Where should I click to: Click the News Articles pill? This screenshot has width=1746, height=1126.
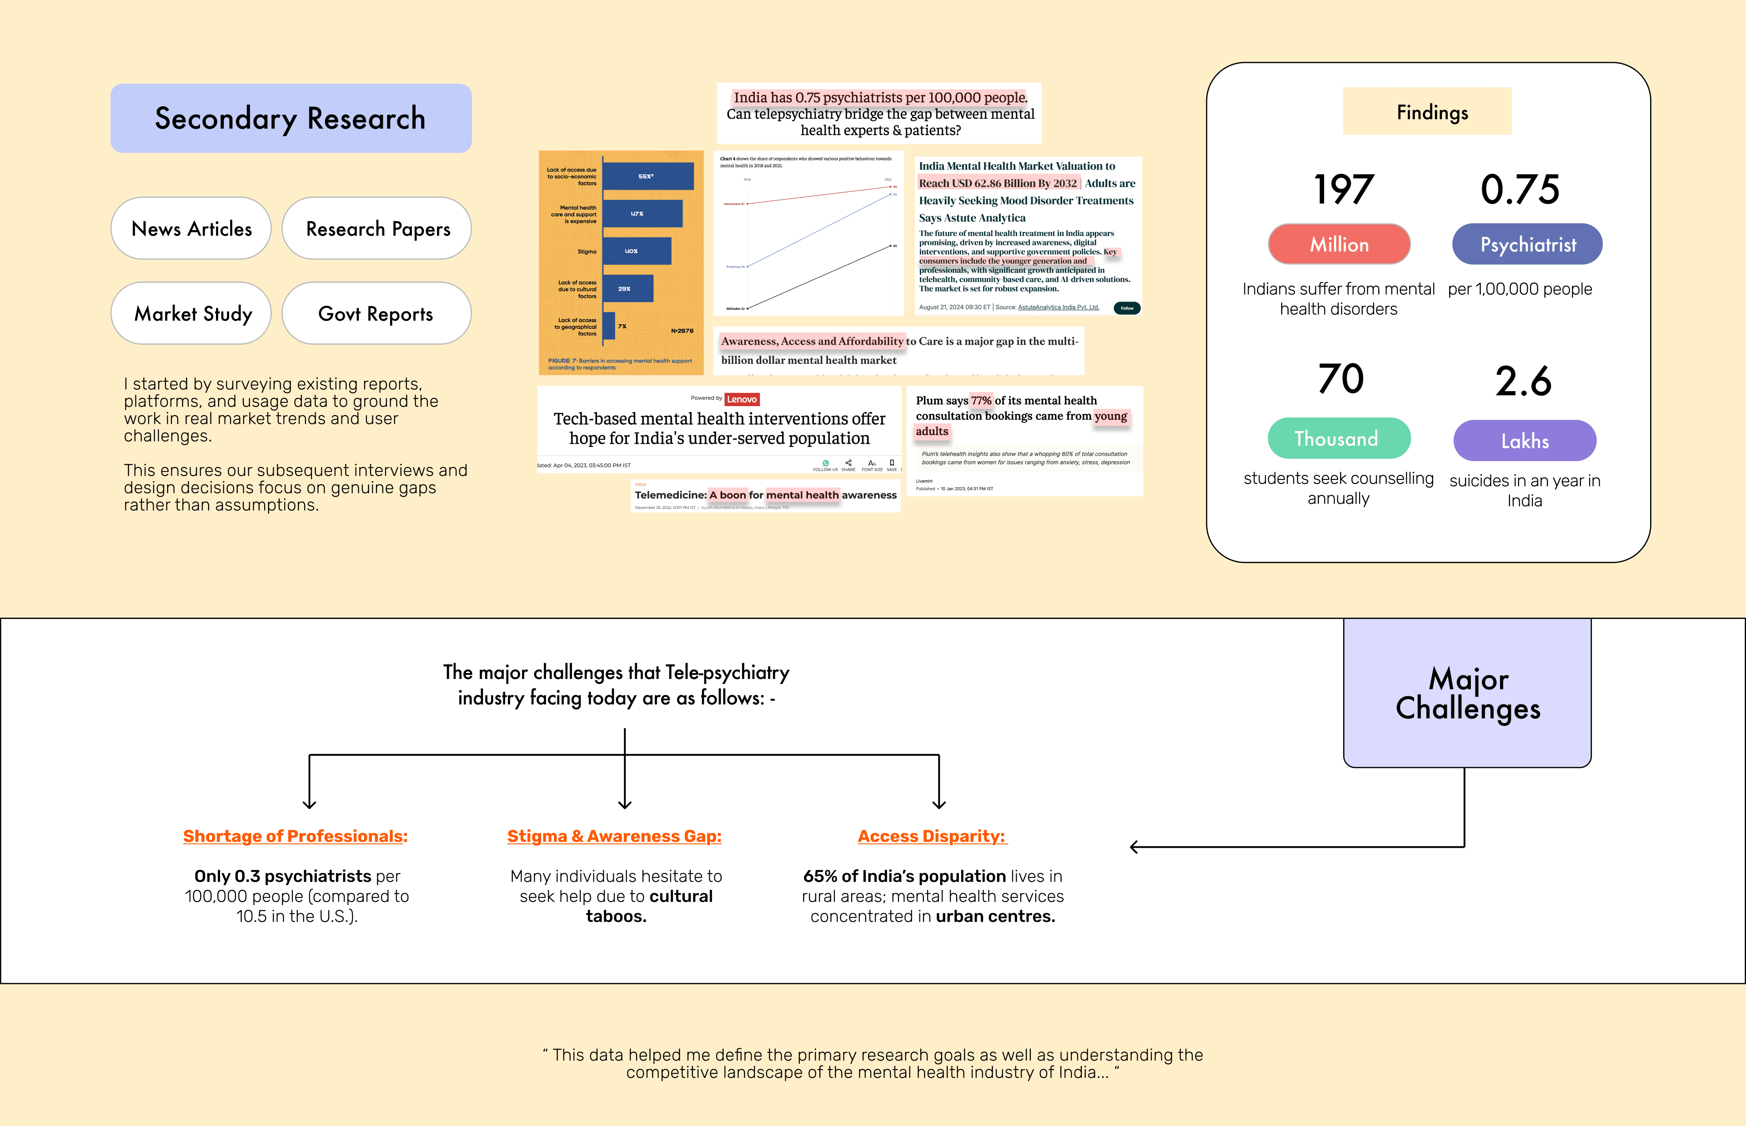click(191, 229)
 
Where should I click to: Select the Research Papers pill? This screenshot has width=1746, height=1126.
click(377, 229)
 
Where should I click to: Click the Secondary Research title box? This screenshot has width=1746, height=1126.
click(291, 118)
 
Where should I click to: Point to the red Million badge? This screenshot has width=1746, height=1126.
click(1339, 244)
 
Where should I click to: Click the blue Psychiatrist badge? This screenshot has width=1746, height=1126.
click(1527, 244)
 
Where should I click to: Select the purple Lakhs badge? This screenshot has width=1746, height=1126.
click(1525, 441)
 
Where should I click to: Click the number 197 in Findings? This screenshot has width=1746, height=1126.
click(1343, 189)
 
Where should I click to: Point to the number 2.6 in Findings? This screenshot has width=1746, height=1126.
click(1523, 381)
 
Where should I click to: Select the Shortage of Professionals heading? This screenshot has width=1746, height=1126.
click(295, 836)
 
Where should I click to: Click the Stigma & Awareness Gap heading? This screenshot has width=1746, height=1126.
click(614, 836)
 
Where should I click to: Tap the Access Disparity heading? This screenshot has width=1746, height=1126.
click(932, 836)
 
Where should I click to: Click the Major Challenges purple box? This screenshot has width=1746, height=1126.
click(1467, 693)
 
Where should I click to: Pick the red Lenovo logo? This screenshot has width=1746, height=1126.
click(742, 399)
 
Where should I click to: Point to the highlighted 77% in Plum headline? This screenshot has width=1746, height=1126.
click(981, 401)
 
